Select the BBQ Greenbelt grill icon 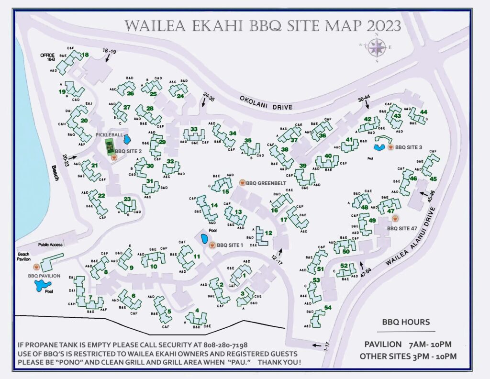pos(242,182)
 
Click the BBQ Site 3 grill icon pos(390,147)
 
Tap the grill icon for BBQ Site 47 pos(395,218)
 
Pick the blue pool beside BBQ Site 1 pos(204,239)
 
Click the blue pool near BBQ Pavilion pos(40,286)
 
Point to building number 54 pos(328,308)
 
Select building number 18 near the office pos(86,55)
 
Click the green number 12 pos(268,233)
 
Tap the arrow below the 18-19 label pos(108,58)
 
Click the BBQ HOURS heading pos(406,322)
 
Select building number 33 pos(194,129)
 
